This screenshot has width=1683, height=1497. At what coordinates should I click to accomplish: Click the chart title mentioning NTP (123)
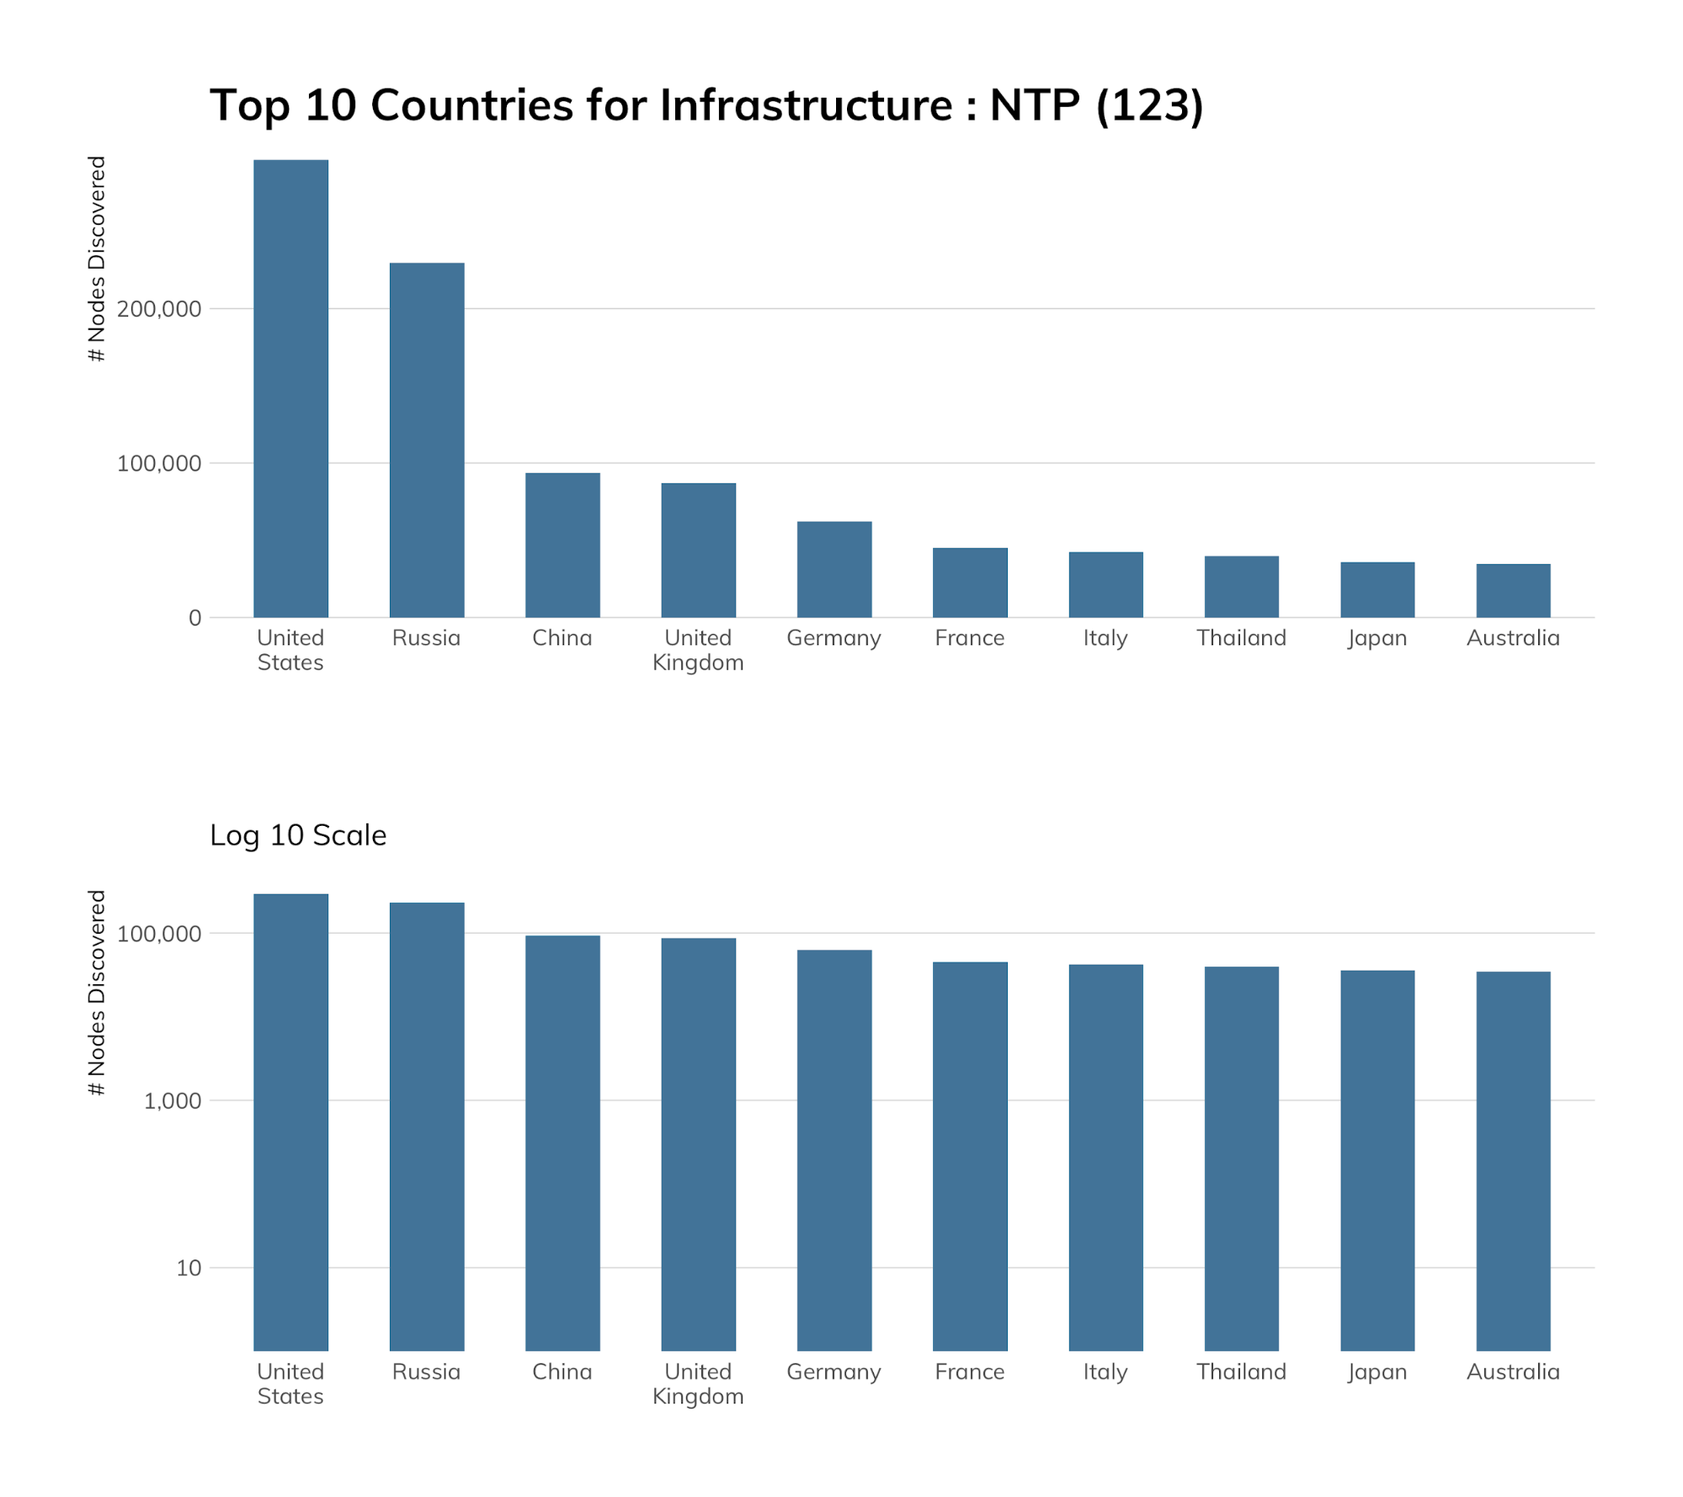(x=706, y=106)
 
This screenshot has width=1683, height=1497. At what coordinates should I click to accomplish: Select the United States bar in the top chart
(x=290, y=388)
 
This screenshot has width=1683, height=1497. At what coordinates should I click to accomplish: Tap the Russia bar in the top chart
(x=426, y=440)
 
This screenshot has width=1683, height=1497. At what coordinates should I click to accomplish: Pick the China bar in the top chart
(x=562, y=545)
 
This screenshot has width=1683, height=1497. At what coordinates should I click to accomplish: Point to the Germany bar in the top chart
(x=834, y=569)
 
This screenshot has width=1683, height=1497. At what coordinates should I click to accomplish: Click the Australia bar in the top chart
(x=1512, y=590)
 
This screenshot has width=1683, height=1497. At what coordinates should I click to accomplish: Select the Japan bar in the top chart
(x=1377, y=589)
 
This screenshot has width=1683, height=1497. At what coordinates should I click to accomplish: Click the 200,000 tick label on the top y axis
(x=159, y=309)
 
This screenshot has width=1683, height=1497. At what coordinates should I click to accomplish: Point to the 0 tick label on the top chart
(x=194, y=618)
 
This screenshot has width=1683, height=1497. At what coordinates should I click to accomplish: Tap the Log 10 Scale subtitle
(x=298, y=835)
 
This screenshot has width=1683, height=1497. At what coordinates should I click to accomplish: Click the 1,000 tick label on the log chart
(x=172, y=1101)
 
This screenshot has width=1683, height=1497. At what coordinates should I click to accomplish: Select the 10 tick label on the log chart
(x=189, y=1268)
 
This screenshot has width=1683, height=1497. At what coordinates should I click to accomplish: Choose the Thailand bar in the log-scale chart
(x=1241, y=1158)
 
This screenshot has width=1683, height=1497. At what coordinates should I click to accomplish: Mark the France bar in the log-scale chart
(x=969, y=1155)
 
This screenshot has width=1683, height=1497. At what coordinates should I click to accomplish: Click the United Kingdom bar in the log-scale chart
(x=698, y=1143)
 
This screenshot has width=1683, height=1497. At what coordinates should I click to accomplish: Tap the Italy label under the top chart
(x=1105, y=638)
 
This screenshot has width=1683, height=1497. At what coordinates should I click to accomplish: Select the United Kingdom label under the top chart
(x=698, y=650)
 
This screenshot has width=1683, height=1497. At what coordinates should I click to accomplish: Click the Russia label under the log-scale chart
(x=426, y=1372)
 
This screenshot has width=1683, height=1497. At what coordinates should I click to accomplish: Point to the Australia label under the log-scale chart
(x=1512, y=1372)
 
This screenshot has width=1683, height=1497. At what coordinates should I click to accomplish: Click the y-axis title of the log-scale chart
(x=98, y=993)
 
